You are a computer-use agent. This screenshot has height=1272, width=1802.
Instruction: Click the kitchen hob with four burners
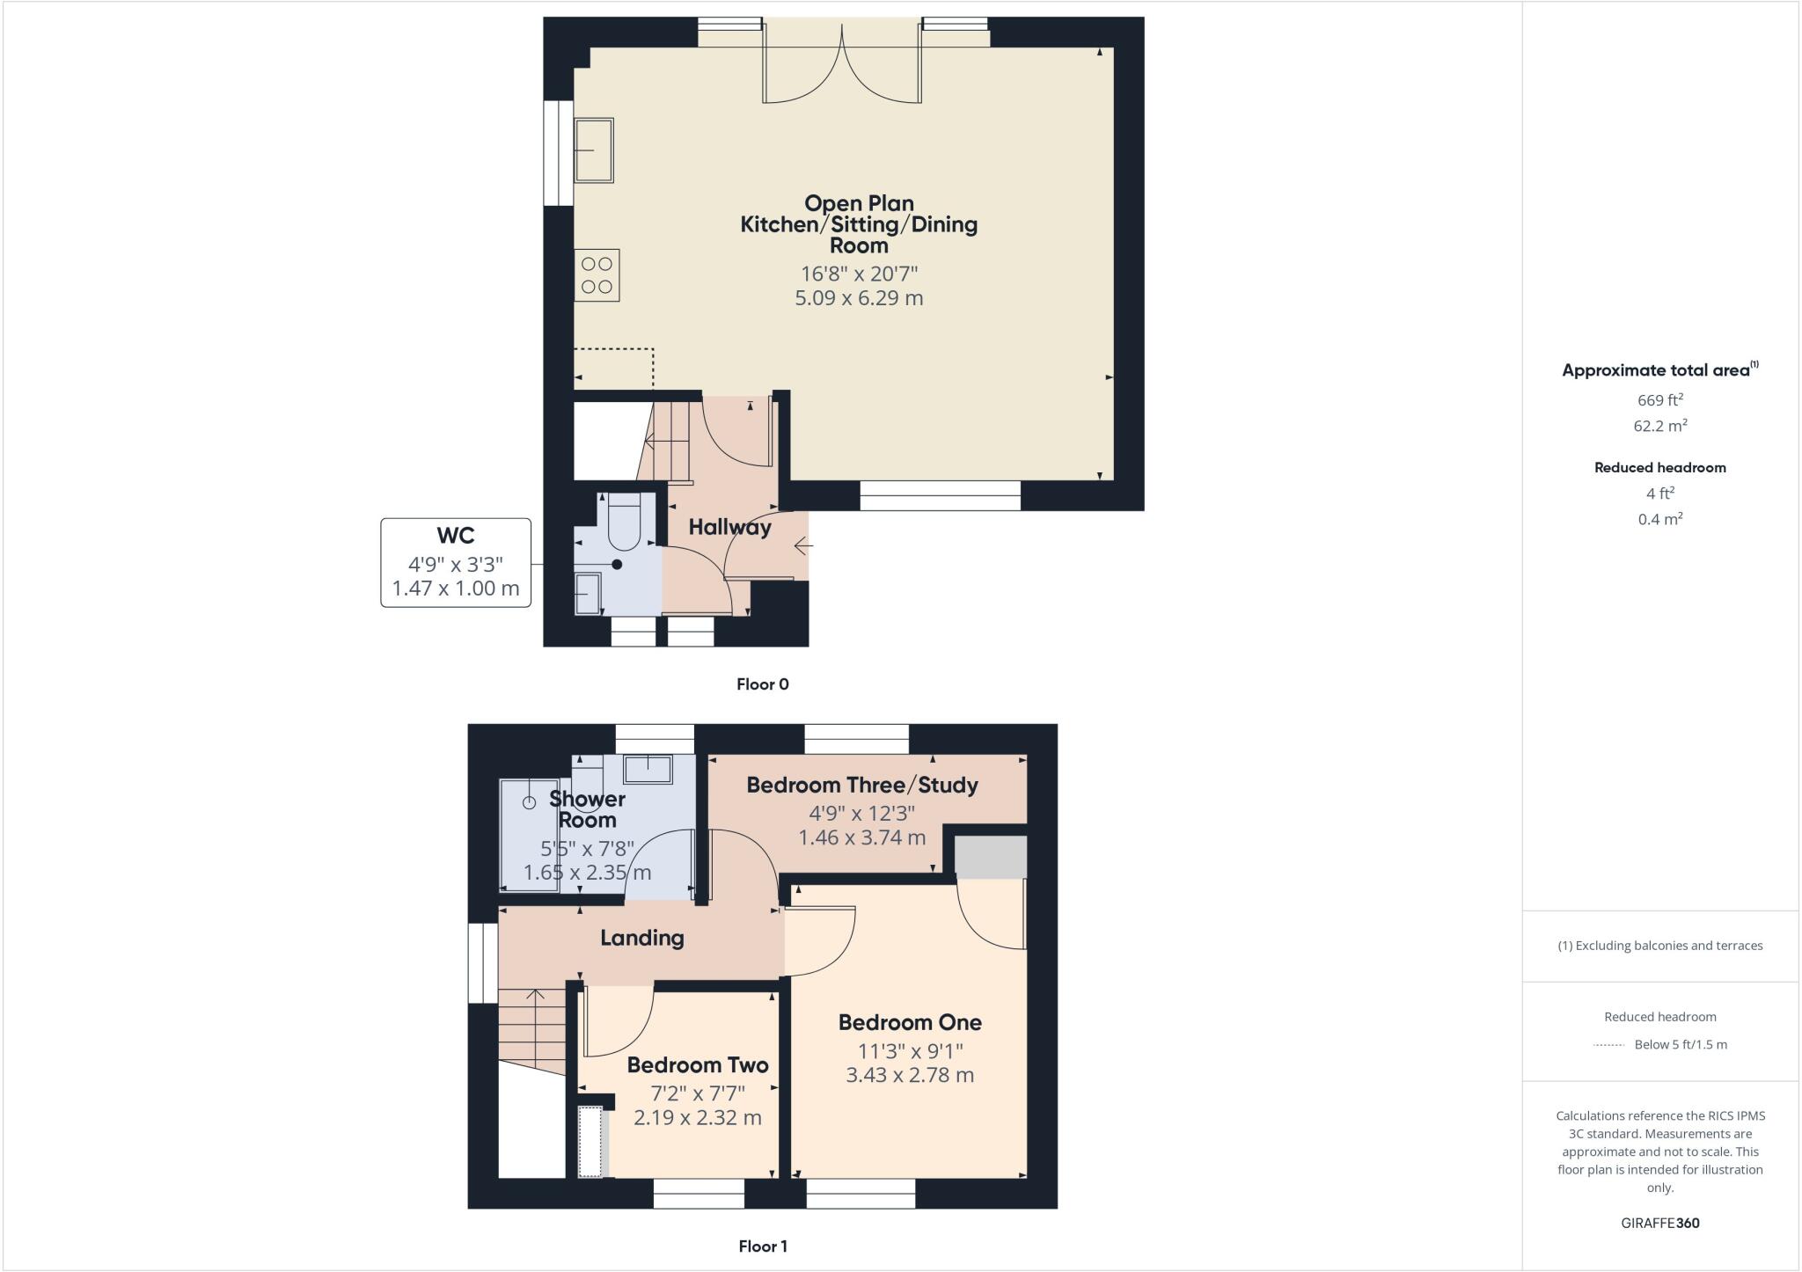[597, 275]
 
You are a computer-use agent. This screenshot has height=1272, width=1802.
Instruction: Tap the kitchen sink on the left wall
[594, 150]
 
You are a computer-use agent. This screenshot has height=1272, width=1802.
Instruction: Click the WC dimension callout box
[456, 563]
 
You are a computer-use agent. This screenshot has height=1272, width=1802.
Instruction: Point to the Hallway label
[729, 527]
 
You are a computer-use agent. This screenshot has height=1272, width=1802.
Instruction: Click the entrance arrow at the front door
[802, 546]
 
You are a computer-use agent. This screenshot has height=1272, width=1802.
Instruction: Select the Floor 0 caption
[762, 684]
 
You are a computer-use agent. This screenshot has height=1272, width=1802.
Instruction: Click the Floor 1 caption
[762, 1246]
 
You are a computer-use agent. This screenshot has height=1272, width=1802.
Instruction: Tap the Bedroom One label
[910, 1022]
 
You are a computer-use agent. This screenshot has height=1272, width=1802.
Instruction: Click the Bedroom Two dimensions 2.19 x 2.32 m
[698, 1118]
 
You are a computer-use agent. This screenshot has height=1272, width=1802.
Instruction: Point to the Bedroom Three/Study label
[862, 785]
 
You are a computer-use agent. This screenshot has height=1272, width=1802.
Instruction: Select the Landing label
[642, 938]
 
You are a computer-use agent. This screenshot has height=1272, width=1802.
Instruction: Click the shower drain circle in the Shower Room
[529, 802]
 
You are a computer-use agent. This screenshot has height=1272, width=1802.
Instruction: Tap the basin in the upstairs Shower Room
[648, 769]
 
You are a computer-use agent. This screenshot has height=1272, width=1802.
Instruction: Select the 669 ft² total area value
[1659, 400]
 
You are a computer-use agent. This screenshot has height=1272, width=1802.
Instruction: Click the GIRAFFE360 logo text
[1659, 1223]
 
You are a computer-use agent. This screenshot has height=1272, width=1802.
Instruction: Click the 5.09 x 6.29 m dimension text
[859, 298]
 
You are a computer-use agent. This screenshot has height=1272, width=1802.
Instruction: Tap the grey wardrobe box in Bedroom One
[991, 857]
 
